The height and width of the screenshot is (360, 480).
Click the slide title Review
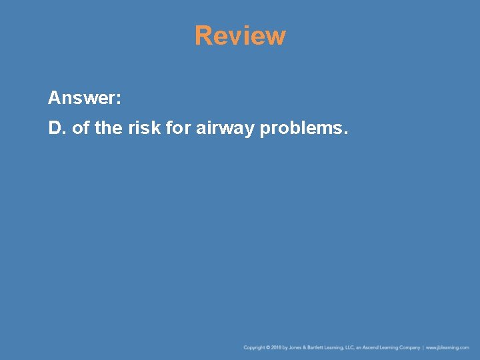tap(240, 36)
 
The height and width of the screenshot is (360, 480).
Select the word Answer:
tap(85, 99)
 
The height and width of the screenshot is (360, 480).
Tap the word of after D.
tap(80, 128)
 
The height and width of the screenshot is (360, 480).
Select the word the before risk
tap(108, 128)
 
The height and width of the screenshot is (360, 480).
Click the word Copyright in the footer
tap(254, 347)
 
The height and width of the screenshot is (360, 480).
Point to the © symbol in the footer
tap(268, 347)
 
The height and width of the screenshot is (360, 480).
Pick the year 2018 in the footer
tap(277, 347)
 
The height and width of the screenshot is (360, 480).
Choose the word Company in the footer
tap(410, 347)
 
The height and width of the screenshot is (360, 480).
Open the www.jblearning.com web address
tap(447, 347)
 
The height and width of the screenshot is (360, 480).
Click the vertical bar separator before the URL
tap(423, 347)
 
